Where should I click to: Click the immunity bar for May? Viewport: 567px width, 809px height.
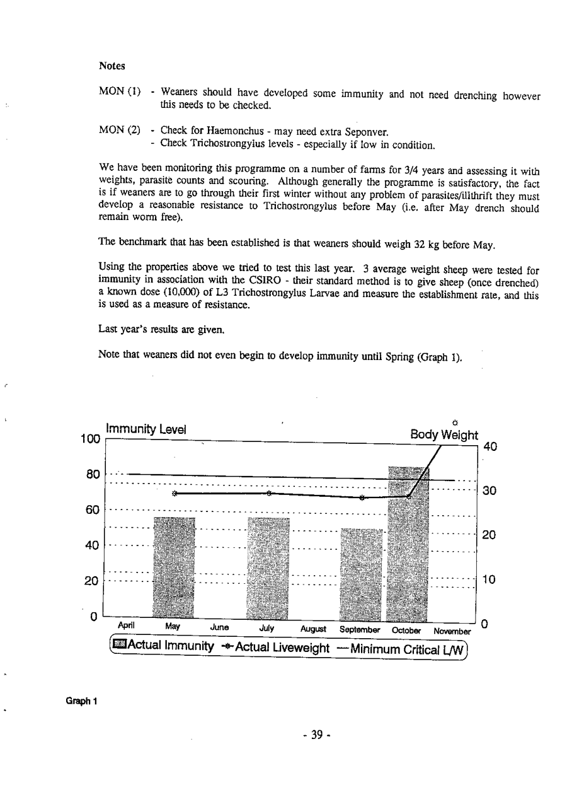pos(175,567)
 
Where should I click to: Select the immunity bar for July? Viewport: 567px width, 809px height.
pos(268,567)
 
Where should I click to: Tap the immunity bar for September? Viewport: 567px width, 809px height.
pos(361,574)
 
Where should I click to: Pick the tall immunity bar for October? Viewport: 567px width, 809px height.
pos(408,542)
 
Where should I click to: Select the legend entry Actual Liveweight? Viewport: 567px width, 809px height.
pos(275,648)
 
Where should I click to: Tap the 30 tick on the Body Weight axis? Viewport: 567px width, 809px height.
pos(489,491)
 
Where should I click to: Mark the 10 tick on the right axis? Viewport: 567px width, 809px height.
pos(489,580)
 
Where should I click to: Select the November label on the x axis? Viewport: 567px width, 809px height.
pos(452,631)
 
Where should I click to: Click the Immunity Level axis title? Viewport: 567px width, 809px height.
pos(145,429)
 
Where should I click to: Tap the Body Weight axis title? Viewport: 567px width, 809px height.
pos(444,434)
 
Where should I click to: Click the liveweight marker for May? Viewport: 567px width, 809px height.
pos(176,493)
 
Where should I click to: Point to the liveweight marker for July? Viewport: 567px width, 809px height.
pos(268,493)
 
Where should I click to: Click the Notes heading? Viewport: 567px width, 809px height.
pos(112,66)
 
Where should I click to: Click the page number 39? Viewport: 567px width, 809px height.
pos(317,734)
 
